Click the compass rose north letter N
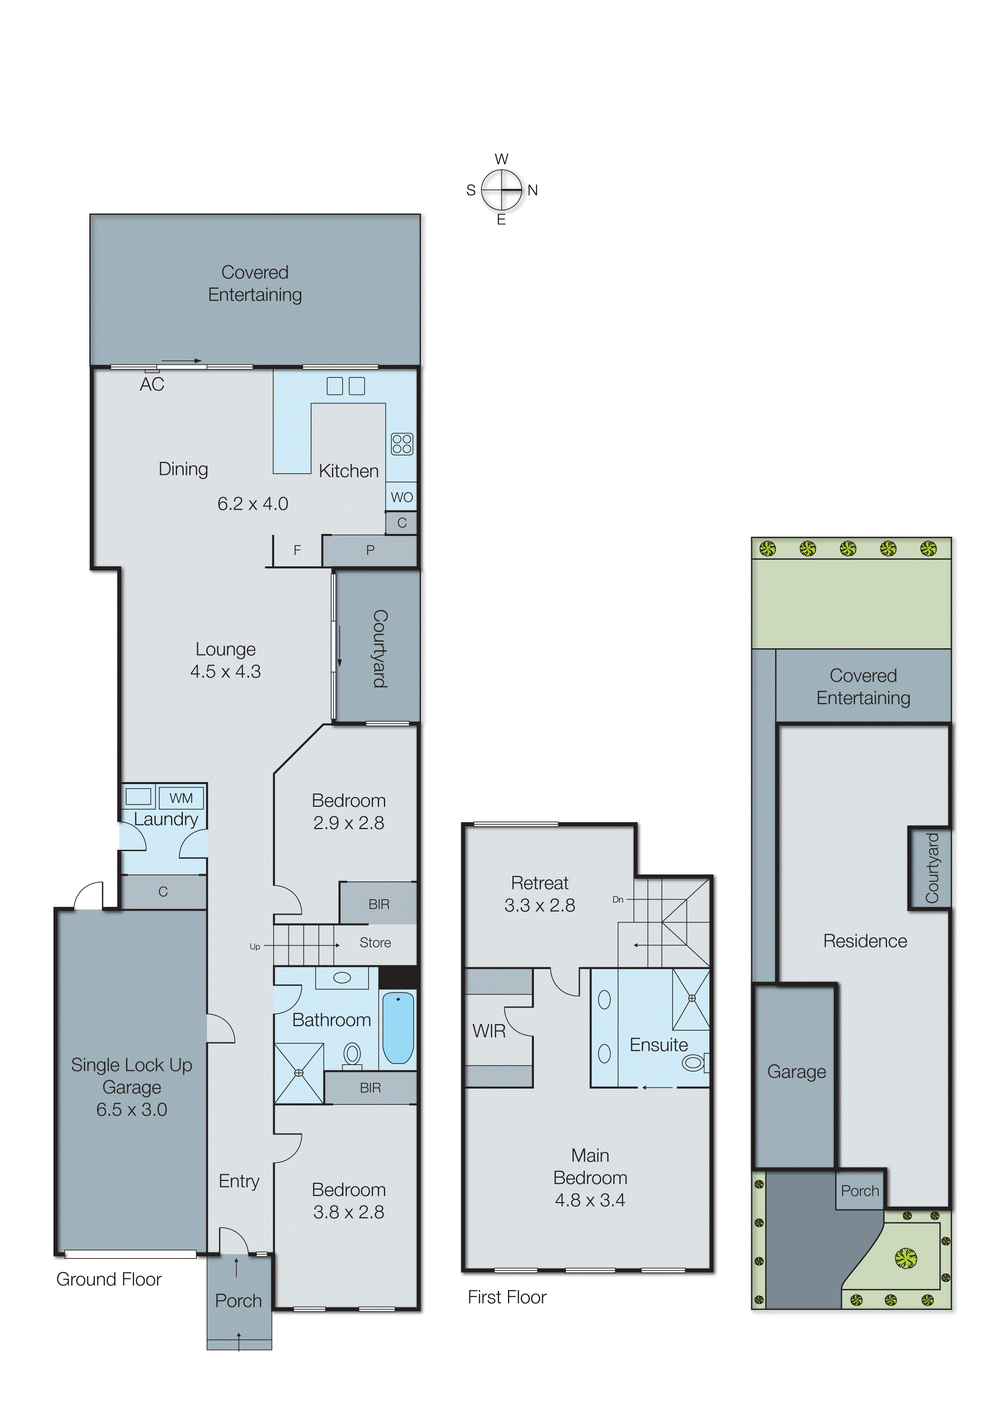point(532,190)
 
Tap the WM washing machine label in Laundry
point(181,798)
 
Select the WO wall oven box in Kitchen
point(402,497)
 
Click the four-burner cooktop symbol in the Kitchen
point(402,444)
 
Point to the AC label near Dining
point(152,384)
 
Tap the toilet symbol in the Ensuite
point(694,1063)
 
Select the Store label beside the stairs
point(375,943)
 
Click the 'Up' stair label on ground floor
point(254,946)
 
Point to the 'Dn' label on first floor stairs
point(617,899)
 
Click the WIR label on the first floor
point(489,1031)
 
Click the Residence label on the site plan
point(864,941)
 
